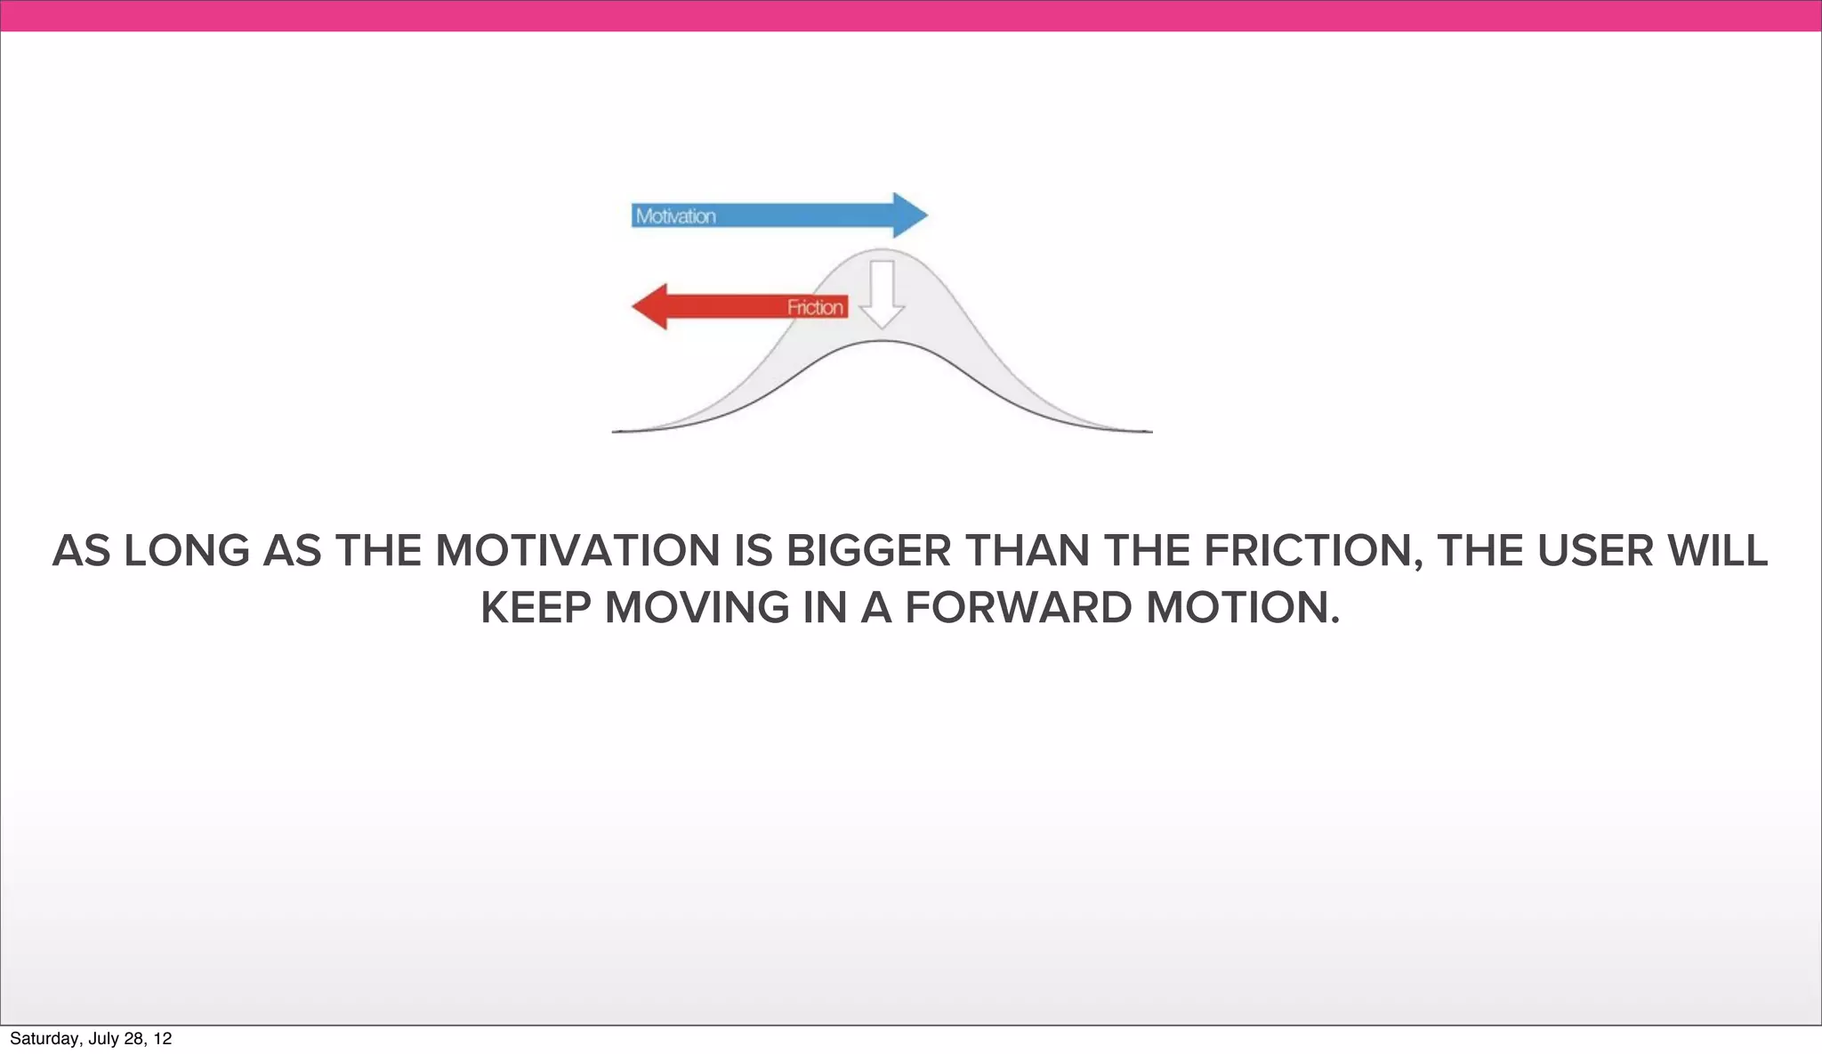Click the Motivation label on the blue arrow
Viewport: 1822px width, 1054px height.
(675, 216)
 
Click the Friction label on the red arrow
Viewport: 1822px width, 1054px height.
(815, 308)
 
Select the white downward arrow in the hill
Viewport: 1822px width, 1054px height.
(882, 294)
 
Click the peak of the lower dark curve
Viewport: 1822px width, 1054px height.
(882, 342)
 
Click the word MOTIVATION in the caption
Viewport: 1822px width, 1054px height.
(576, 551)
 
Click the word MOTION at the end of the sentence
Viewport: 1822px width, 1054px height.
(1242, 608)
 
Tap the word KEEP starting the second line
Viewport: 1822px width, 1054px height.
(536, 608)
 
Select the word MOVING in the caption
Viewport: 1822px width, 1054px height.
(697, 608)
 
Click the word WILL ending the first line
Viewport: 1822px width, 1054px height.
(1717, 551)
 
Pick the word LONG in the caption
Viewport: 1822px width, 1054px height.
(187, 551)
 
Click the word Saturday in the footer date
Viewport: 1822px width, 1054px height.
(44, 1039)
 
